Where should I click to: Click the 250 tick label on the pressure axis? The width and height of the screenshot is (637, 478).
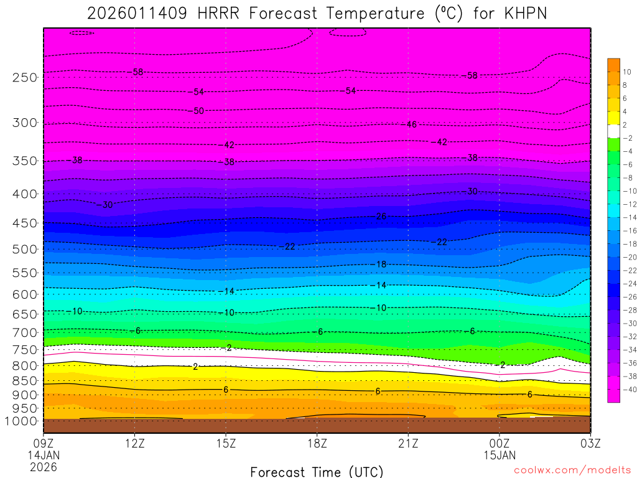pos(24,78)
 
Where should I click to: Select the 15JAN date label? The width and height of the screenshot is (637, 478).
pos(500,455)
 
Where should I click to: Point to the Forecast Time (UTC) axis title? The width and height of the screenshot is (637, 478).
pos(317,471)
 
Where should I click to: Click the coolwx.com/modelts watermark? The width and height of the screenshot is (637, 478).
pos(572,470)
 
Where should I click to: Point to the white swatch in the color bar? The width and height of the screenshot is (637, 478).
pos(614,131)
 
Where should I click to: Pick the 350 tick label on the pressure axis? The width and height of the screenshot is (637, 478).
pos(24,161)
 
